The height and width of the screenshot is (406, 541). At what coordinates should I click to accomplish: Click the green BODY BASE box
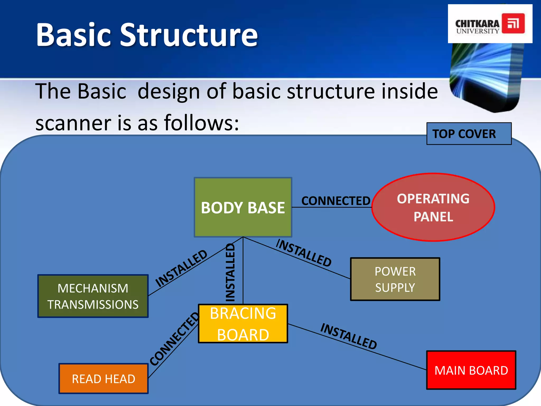(243, 207)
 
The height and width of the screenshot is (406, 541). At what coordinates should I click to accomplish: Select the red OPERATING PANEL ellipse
(433, 207)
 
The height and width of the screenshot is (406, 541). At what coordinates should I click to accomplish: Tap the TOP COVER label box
(469, 134)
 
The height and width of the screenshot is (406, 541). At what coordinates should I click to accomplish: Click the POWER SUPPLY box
(395, 279)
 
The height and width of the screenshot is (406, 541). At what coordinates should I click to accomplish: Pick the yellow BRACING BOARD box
(243, 324)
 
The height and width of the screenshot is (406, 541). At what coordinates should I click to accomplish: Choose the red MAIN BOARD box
(471, 370)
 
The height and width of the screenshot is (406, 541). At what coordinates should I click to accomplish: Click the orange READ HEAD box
(103, 379)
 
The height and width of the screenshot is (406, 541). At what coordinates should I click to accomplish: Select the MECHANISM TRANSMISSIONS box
(93, 296)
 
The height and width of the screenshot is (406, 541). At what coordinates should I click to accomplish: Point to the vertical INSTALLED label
(230, 272)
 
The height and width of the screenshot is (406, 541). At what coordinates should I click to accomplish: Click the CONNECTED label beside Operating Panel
(336, 201)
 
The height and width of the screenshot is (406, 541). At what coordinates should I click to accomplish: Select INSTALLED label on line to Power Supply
(304, 253)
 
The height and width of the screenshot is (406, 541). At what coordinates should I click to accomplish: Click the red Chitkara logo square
(513, 24)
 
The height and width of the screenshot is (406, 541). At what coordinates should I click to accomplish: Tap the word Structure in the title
(189, 35)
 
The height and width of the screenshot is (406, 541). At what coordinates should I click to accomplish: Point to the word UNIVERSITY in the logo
(478, 31)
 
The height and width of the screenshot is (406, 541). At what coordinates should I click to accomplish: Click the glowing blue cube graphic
(486, 77)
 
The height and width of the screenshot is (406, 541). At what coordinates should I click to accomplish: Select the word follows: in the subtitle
(201, 123)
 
